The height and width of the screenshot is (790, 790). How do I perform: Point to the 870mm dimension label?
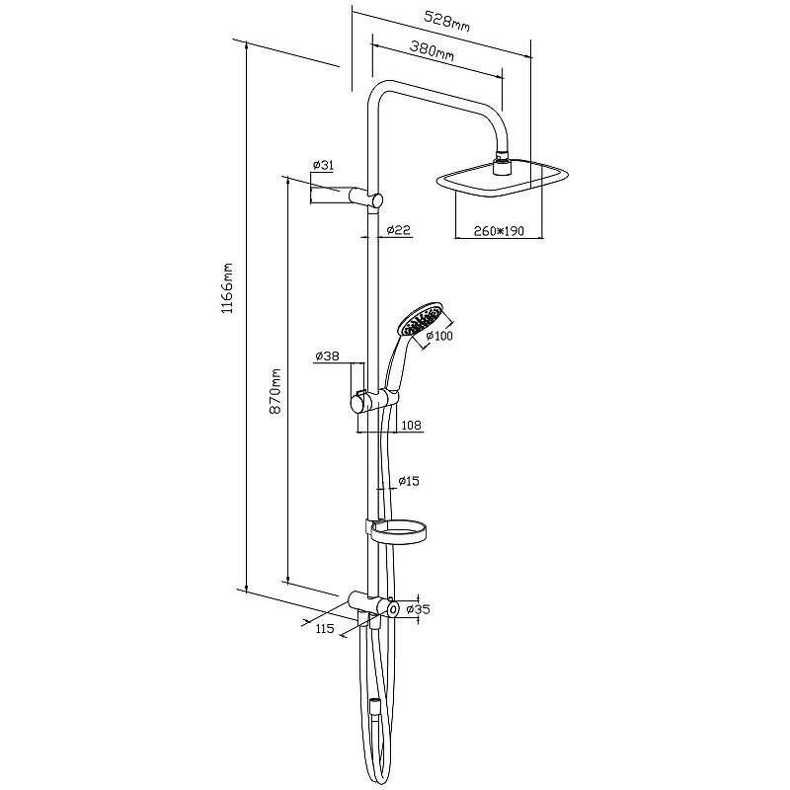point(277,389)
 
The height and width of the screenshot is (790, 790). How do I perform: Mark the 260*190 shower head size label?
point(496,231)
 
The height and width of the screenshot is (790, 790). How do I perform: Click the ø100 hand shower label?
point(438,336)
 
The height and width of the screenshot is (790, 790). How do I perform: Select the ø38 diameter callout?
point(328,355)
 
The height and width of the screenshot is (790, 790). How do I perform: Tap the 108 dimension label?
point(412,426)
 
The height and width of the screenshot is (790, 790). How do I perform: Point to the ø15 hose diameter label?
point(409,481)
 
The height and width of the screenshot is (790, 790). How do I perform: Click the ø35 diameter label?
point(419,610)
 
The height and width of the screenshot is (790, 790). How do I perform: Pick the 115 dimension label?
point(324,628)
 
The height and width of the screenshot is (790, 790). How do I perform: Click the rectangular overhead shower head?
point(504,178)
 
